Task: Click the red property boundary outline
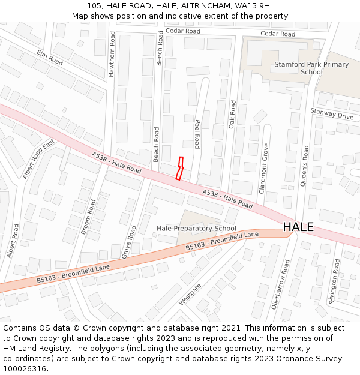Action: [179, 169]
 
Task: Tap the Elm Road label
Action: [49, 58]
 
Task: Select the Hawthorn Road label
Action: [112, 54]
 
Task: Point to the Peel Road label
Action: [196, 133]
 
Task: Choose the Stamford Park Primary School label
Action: [311, 68]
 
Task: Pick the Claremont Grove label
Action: [263, 168]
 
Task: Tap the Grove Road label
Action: [129, 242]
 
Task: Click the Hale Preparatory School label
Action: [196, 229]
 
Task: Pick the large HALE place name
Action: [298, 227]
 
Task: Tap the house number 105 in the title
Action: [94, 5]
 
